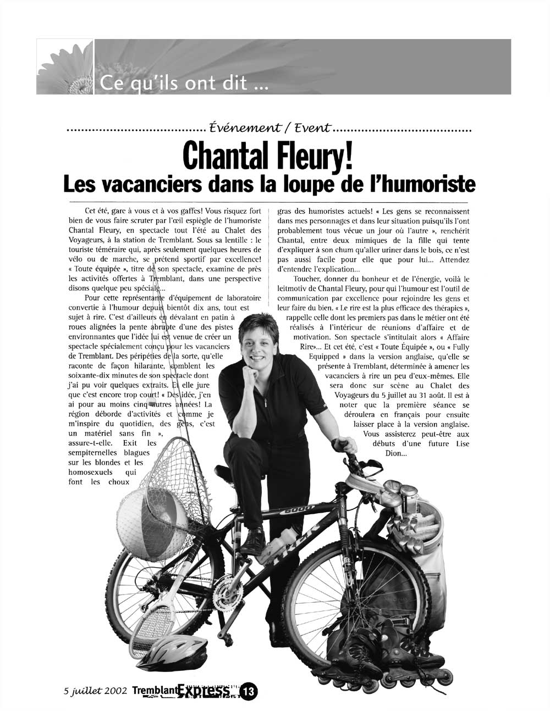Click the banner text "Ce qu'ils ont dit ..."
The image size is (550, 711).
coord(185,84)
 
